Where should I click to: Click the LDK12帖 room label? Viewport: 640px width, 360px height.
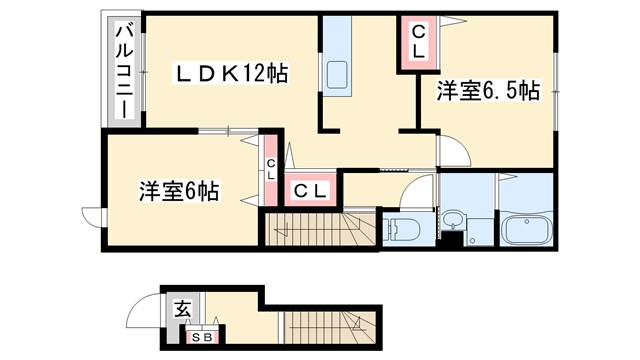[232, 72]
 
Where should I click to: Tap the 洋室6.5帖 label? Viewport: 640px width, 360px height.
[488, 92]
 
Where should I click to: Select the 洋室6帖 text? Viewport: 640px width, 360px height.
[179, 191]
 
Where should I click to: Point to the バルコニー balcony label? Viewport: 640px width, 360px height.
[125, 69]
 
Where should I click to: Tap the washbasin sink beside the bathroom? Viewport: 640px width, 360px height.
[454, 221]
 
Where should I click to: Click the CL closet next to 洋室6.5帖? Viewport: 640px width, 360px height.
[419, 42]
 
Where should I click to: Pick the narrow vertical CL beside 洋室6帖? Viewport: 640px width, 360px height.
[271, 169]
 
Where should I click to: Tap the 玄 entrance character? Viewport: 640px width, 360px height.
[183, 309]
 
